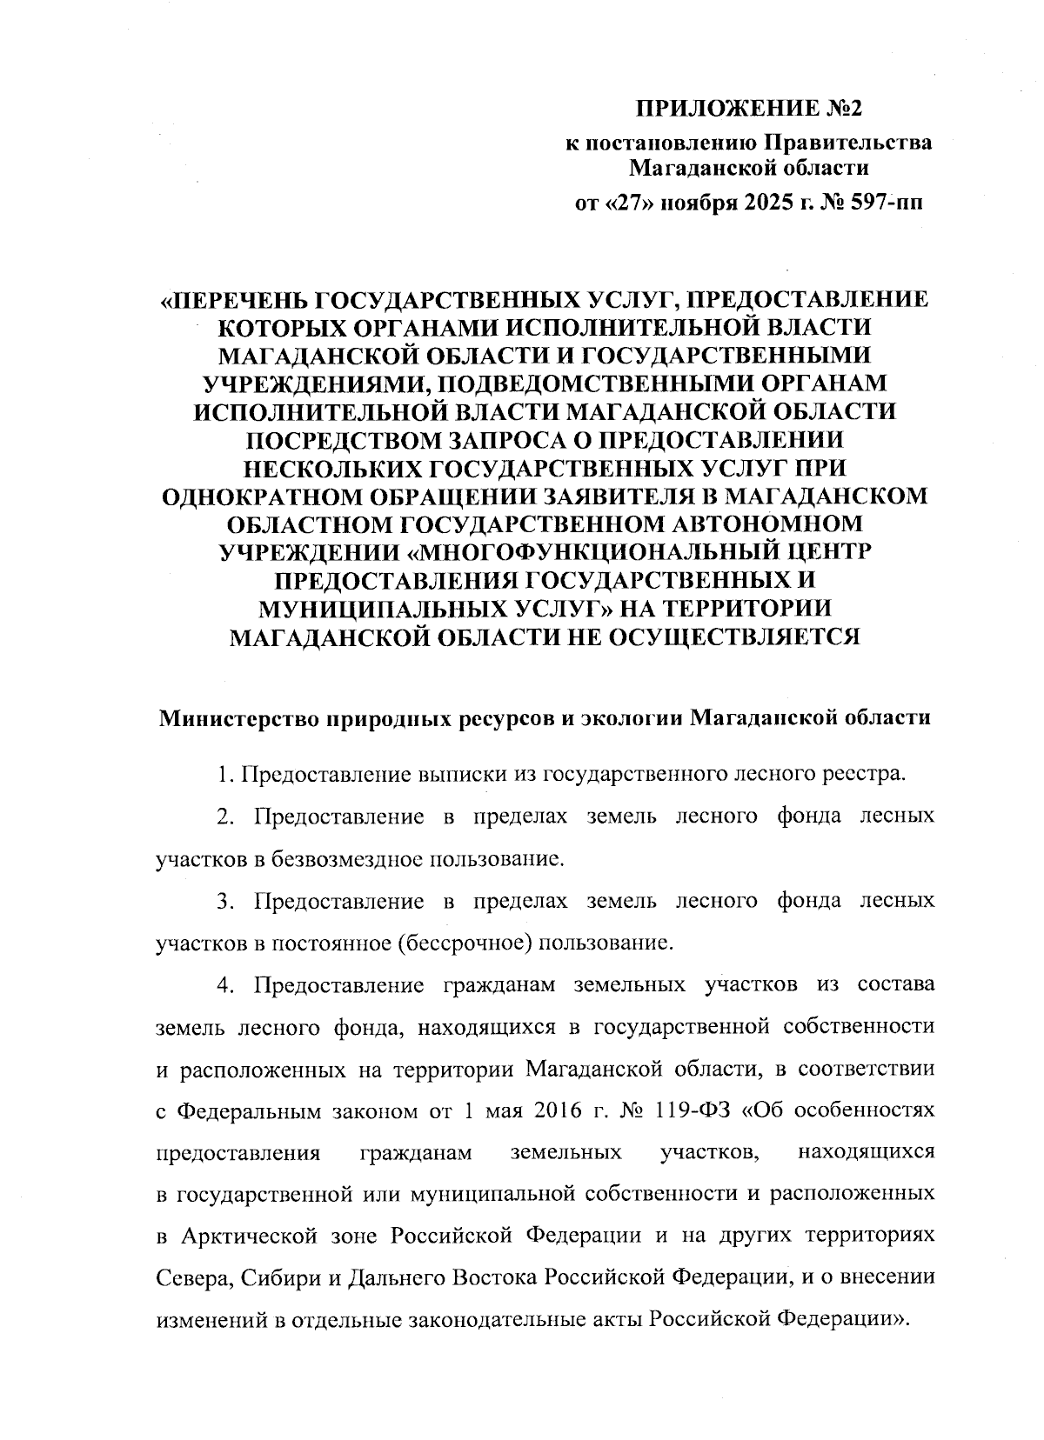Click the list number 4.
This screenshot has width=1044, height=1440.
[224, 985]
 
